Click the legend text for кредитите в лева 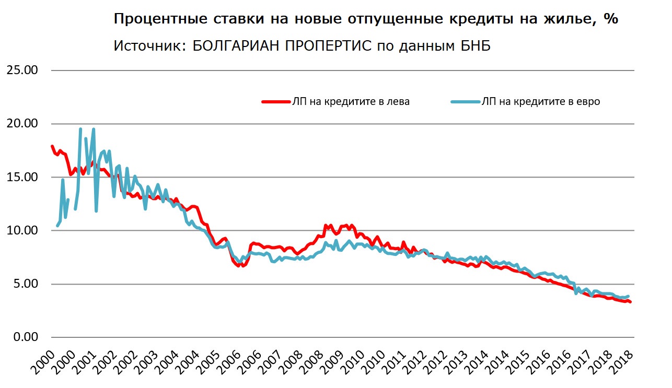tap(351, 102)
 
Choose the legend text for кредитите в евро tap(541, 102)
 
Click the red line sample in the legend tap(276, 102)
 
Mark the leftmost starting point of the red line tap(52, 146)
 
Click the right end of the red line tap(631, 302)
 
